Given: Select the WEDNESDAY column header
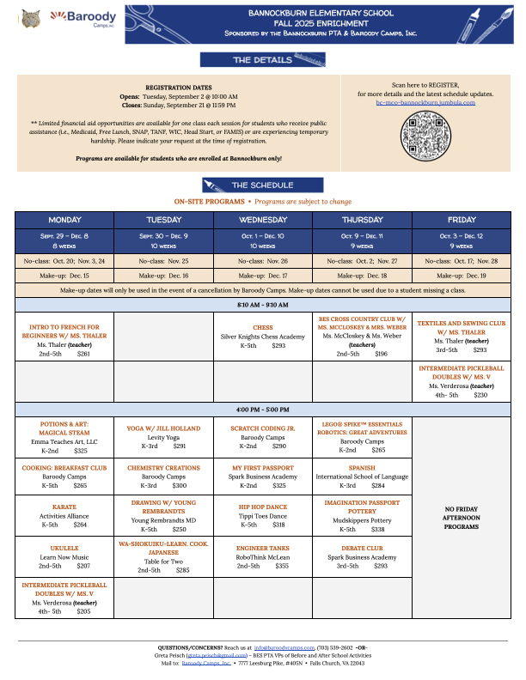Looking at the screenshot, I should pyautogui.click(x=263, y=219).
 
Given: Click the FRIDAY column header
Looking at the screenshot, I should pyautogui.click(x=462, y=219).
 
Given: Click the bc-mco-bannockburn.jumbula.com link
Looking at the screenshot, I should pyautogui.click(x=425, y=102).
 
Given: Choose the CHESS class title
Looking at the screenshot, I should pyautogui.click(x=263, y=327).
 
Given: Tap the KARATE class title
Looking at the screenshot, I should pyautogui.click(x=64, y=507).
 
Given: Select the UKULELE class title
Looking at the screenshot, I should pyautogui.click(x=64, y=546).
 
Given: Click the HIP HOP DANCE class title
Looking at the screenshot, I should pyautogui.click(x=263, y=507).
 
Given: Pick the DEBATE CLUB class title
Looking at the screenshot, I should pyautogui.click(x=362, y=546).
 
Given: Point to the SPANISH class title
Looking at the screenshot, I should pyautogui.click(x=362, y=468).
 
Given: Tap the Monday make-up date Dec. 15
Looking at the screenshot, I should pyautogui.click(x=64, y=276).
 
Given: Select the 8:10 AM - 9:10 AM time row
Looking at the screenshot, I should pyautogui.click(x=263, y=305).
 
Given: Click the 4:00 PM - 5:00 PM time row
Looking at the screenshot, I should pyautogui.click(x=263, y=409).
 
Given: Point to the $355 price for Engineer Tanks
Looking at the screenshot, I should pyautogui.click(x=282, y=566).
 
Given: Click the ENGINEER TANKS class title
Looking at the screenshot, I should pyautogui.click(x=263, y=546).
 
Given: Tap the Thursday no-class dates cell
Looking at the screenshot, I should pyautogui.click(x=362, y=259).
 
